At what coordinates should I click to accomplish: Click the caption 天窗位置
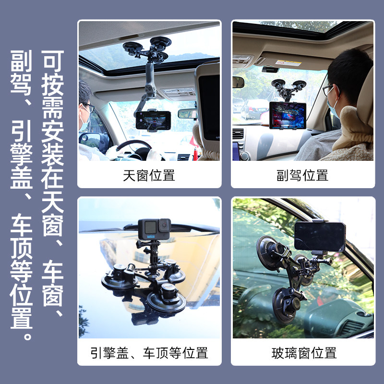pyautogui.click(x=149, y=175)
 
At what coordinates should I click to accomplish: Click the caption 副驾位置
pyautogui.click(x=302, y=175)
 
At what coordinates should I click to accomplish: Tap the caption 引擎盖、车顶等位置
pyautogui.click(x=149, y=353)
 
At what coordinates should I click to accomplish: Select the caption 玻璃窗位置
pyautogui.click(x=304, y=353)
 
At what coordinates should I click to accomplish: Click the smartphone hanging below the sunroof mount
pyautogui.click(x=153, y=120)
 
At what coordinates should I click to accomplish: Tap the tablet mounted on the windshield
pyautogui.click(x=288, y=115)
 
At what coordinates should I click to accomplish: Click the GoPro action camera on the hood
pyautogui.click(x=154, y=229)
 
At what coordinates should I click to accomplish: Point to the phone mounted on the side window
pyautogui.click(x=320, y=236)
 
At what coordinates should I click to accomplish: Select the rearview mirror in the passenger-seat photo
pyautogui.click(x=238, y=82)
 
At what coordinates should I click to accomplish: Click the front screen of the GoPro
pyautogui.click(x=150, y=228)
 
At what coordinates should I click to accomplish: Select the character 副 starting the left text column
pyautogui.click(x=21, y=61)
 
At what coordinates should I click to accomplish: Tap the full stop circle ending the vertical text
pyautogui.click(x=28, y=336)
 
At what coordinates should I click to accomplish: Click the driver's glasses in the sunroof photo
pyautogui.click(x=89, y=107)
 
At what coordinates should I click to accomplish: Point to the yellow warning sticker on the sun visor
pyautogui.click(x=288, y=63)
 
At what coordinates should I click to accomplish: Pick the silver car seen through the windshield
pyautogui.click(x=255, y=109)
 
